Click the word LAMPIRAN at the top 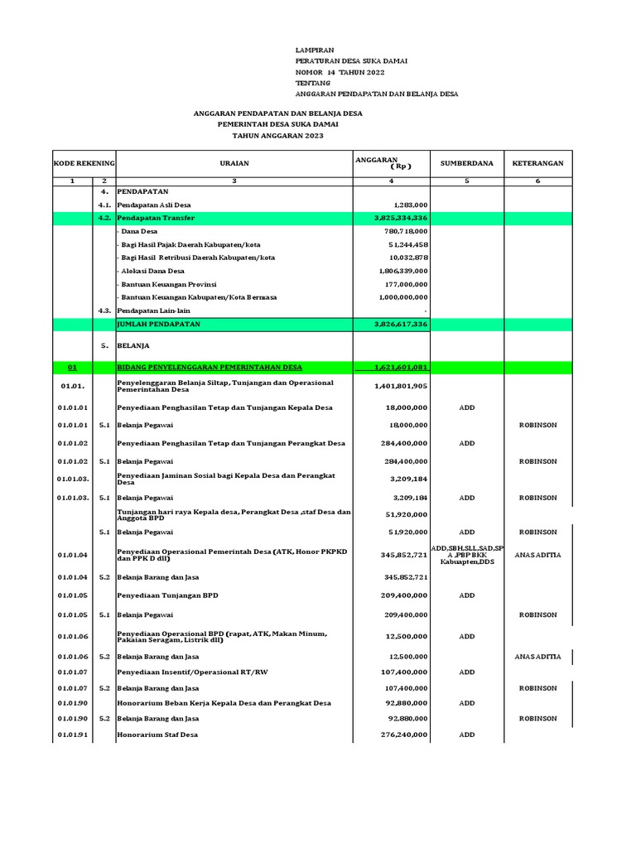coord(315,51)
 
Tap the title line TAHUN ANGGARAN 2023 coord(277,135)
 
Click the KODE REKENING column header coord(84,163)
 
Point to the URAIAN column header coord(234,163)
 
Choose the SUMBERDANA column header coord(466,163)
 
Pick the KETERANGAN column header coord(537,163)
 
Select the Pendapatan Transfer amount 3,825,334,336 coord(401,218)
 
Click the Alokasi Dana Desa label coord(152,271)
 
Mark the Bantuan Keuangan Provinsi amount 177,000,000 coord(405,284)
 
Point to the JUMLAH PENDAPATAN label coord(159,324)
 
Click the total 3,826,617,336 coord(401,324)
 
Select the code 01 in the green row coord(72,367)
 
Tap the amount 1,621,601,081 coord(401,367)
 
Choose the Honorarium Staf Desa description coord(157,735)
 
